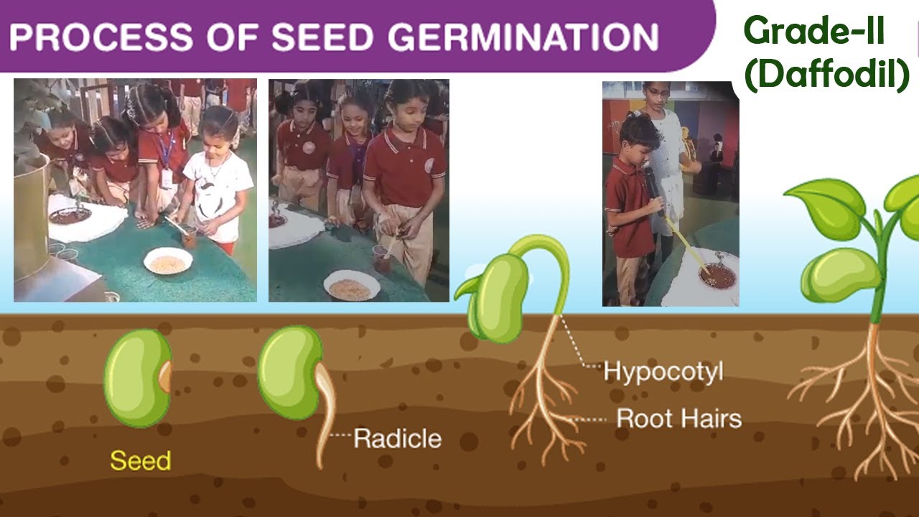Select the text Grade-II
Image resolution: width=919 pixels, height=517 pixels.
[x=813, y=32]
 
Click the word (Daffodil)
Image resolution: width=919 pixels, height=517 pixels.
[x=826, y=74]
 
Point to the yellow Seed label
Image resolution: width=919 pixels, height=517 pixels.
[x=140, y=460]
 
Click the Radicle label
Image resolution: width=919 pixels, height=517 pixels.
[x=397, y=437]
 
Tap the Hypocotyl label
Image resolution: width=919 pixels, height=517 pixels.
[x=663, y=371]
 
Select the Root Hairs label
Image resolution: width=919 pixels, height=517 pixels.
[x=678, y=418]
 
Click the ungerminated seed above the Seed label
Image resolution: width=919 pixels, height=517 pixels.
[x=138, y=378]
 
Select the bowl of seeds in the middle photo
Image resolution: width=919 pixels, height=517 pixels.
[x=351, y=286]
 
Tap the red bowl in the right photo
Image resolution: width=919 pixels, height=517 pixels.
[x=716, y=276]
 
